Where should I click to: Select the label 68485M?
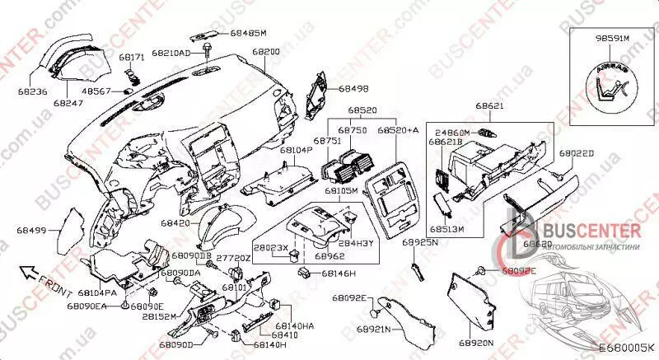click(249, 33)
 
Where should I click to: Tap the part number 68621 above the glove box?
click(491, 107)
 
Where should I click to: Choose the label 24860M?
click(452, 132)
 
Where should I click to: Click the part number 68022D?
click(577, 153)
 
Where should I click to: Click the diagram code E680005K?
click(625, 350)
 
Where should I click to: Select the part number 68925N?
click(419, 245)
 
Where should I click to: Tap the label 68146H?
click(339, 273)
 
